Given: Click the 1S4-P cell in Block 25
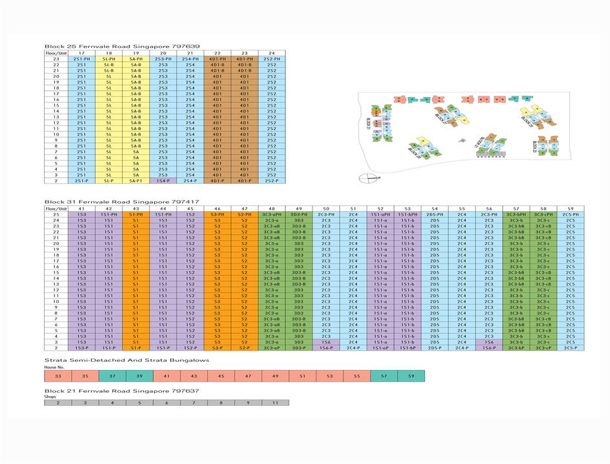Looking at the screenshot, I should pos(163,181).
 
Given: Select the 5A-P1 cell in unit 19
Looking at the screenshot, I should pos(136,181).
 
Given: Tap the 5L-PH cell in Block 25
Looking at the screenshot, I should pos(109,59).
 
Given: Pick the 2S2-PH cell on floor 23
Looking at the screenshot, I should pos(272,59).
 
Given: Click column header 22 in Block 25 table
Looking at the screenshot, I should pos(217,53).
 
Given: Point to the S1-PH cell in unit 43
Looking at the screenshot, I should pos(136,214).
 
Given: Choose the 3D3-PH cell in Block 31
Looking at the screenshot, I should pos(299,214).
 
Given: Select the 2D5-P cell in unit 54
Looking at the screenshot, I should pos(435,348).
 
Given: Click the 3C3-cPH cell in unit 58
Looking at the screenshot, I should pos(543,214).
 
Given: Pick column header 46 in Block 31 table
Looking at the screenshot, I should pos(217,208).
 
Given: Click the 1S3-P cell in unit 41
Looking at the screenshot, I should pos(82,348).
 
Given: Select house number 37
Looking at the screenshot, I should pos(112,375).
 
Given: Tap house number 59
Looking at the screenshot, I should pos(411,375).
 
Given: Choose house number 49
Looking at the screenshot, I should pos(275,375).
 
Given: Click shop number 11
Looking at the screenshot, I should pos(275,403).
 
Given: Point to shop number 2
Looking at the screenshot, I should pos(58,403).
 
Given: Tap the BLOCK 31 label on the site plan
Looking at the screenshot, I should pos(366,123).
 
